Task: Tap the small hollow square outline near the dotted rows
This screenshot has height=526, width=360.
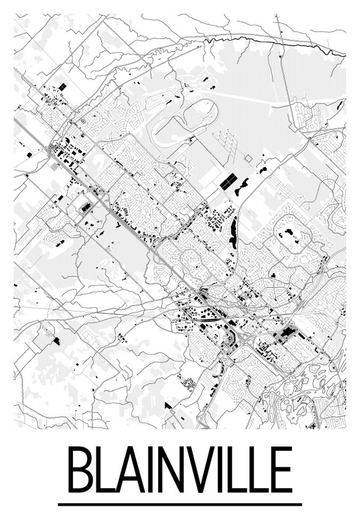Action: point(249,158)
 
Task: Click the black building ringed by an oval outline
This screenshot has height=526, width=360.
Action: point(85,207)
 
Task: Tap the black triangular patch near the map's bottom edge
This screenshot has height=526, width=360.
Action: point(168,405)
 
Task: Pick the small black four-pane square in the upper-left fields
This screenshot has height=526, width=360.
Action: point(63,86)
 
